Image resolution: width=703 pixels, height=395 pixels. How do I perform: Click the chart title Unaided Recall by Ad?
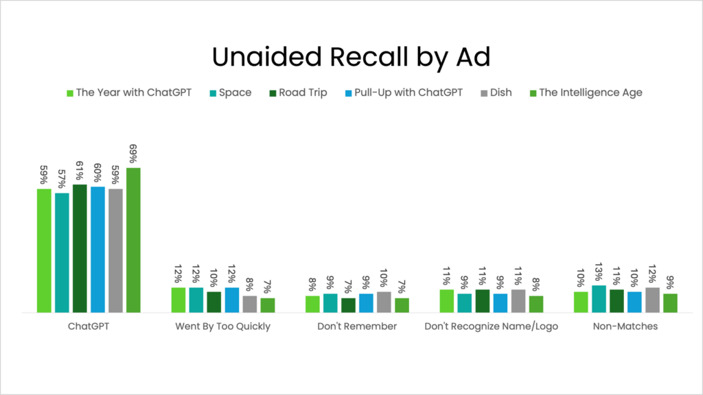click(x=351, y=58)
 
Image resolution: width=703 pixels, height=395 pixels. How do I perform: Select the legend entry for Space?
click(x=229, y=93)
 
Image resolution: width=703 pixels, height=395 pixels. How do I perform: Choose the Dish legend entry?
click(x=494, y=93)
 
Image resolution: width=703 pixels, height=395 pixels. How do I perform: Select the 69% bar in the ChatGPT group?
click(x=133, y=240)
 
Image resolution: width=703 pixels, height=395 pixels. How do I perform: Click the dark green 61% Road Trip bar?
click(x=80, y=248)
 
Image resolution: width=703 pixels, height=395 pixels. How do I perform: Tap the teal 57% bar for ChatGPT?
click(x=62, y=252)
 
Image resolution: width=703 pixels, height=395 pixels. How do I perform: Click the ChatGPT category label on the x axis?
click(x=89, y=326)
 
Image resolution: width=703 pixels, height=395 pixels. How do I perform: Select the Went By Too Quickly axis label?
click(x=223, y=326)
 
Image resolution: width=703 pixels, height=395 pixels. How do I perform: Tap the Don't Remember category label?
click(x=357, y=326)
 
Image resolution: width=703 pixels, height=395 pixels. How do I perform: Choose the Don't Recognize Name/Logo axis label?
click(x=491, y=326)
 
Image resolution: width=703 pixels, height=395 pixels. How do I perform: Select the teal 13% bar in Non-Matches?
click(x=599, y=299)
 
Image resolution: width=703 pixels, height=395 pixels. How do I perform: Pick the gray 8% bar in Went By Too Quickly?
click(x=250, y=304)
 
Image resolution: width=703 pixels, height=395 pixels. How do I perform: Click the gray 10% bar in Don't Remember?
click(x=384, y=302)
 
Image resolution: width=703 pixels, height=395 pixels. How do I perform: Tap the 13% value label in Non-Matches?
click(x=599, y=274)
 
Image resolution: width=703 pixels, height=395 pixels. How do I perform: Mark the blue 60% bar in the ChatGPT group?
click(x=97, y=250)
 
